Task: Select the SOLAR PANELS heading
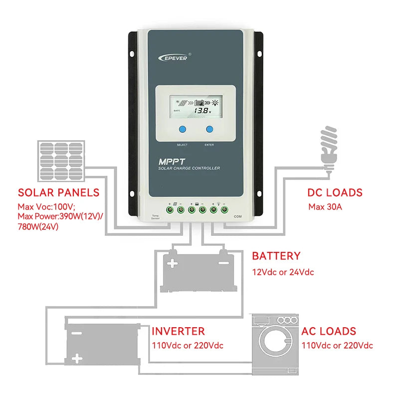tap(59, 193)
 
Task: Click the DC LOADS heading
tap(335, 193)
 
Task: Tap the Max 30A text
tap(325, 206)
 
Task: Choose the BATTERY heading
tap(276, 256)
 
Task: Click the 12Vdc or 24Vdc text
tap(283, 272)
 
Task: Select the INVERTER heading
tap(178, 331)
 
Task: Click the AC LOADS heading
tap(329, 331)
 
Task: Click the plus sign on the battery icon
tap(172, 263)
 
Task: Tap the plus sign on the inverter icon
tap(76, 358)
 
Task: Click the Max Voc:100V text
tap(46, 206)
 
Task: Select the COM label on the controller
tap(237, 216)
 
